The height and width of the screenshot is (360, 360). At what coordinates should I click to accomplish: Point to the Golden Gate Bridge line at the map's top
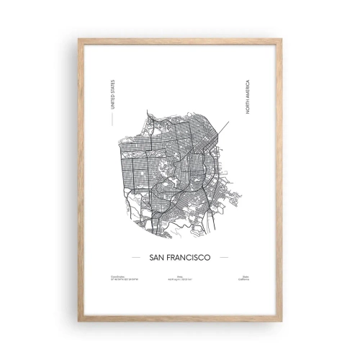pyautogui.click(x=148, y=114)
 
